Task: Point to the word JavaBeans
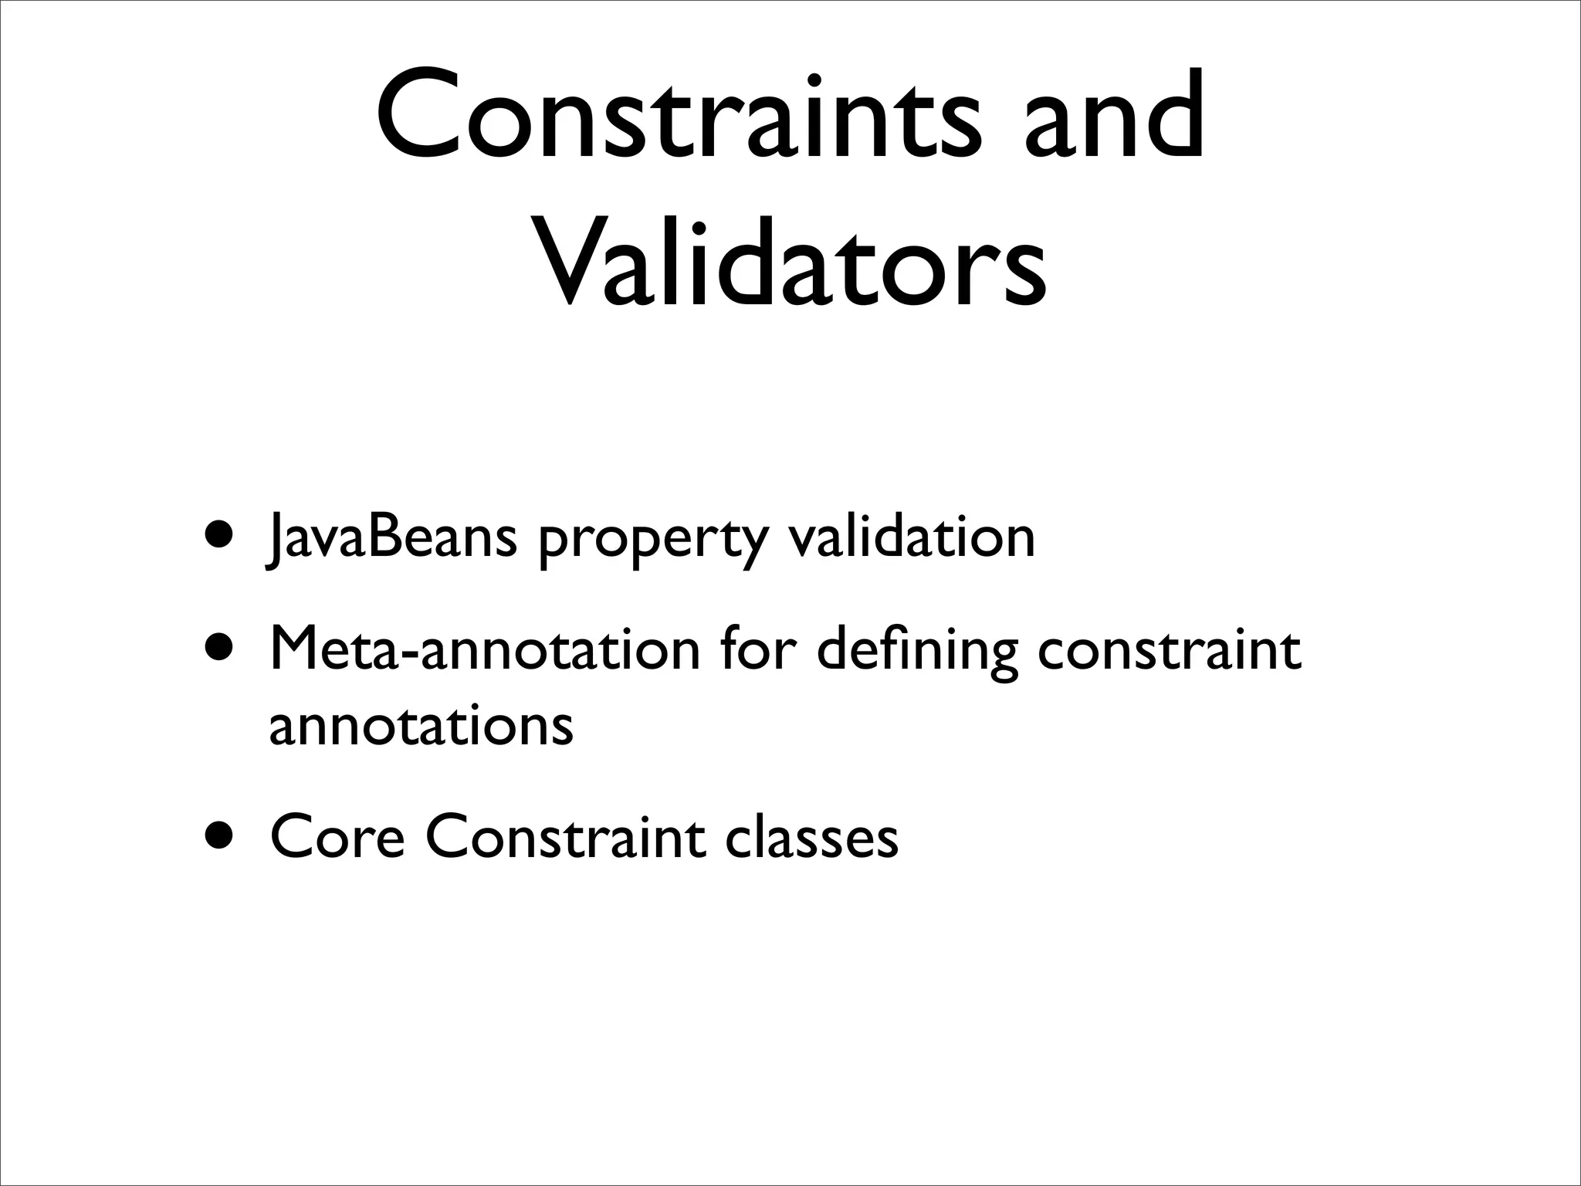pyautogui.click(x=390, y=538)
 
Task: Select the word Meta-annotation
pyautogui.click(x=485, y=650)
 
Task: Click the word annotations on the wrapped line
pyautogui.click(x=421, y=726)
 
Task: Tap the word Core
pyautogui.click(x=337, y=838)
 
